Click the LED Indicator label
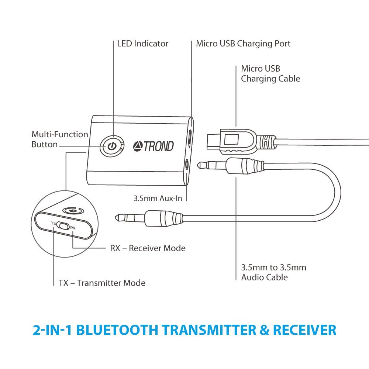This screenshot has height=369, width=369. (142, 44)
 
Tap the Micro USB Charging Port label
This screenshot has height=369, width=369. (243, 44)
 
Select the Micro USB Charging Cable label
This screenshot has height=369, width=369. (270, 73)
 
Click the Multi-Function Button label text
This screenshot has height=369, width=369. (60, 139)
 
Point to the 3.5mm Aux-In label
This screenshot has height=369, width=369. (158, 198)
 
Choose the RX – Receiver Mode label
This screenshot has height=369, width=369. (148, 248)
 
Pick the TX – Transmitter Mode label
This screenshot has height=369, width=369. (102, 283)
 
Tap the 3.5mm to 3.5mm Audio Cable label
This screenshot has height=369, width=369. (273, 272)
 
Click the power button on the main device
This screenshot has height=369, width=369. (112, 146)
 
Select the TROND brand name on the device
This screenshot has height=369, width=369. (158, 146)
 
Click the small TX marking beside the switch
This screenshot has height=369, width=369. (53, 223)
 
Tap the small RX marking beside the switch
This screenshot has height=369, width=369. (73, 228)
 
